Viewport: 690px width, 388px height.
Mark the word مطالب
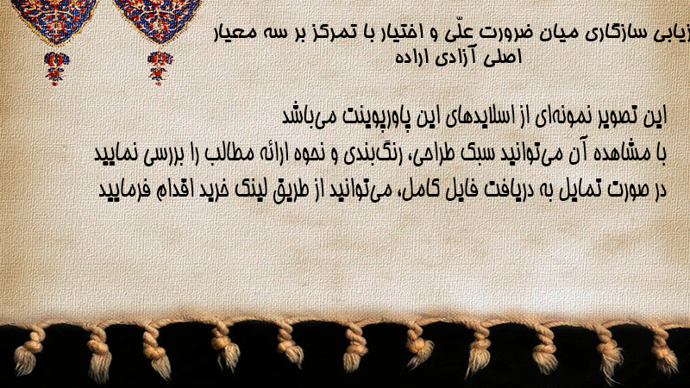232,153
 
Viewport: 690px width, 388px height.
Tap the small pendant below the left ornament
55,68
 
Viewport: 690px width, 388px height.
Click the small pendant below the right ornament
160,68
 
